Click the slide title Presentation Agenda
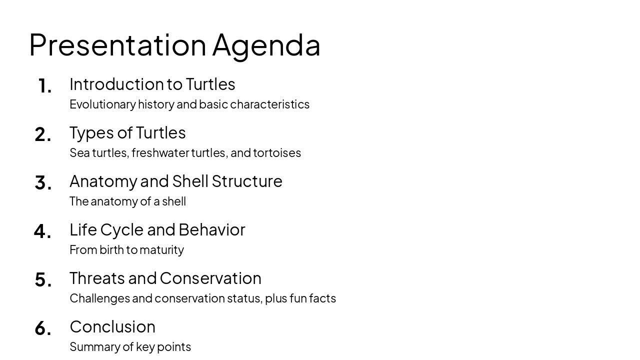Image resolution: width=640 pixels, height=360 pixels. (x=174, y=45)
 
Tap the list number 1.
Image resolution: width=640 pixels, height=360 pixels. (x=44, y=86)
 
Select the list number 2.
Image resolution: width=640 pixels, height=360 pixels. (x=43, y=134)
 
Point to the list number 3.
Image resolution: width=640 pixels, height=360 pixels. (x=43, y=183)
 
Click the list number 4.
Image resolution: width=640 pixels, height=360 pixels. (x=42, y=231)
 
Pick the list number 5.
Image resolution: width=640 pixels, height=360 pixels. (x=43, y=280)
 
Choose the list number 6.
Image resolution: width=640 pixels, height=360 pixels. (x=43, y=328)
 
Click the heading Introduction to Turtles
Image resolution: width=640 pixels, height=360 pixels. (x=152, y=84)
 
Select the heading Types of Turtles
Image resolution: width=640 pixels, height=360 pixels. (x=127, y=132)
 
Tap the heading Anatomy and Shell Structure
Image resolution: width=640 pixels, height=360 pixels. (x=175, y=181)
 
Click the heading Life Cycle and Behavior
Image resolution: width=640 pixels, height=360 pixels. (x=157, y=229)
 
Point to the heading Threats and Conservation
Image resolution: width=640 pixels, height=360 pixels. (x=165, y=278)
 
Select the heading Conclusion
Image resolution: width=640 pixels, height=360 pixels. (x=112, y=326)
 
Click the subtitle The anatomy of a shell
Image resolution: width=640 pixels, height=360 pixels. (x=127, y=201)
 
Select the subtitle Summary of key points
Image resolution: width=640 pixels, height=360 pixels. (x=130, y=346)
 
